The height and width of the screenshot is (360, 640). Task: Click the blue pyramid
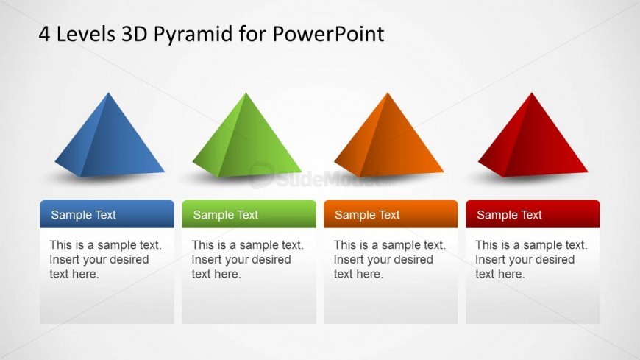pyautogui.click(x=109, y=139)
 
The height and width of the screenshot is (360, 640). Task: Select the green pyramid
pyautogui.click(x=246, y=139)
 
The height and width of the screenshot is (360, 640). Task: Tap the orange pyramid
pyautogui.click(x=388, y=139)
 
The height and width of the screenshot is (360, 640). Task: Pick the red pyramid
pyautogui.click(x=533, y=139)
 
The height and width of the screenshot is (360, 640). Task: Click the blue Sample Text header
pyautogui.click(x=107, y=214)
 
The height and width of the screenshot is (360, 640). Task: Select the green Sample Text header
pyautogui.click(x=249, y=214)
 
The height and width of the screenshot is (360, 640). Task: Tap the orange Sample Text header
pyautogui.click(x=391, y=214)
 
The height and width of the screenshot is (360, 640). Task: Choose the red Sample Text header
pyautogui.click(x=533, y=214)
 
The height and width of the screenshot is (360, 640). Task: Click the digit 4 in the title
pyautogui.click(x=44, y=34)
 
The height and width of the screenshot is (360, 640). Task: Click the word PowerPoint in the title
pyautogui.click(x=328, y=34)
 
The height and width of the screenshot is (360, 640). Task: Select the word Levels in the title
pyautogui.click(x=86, y=34)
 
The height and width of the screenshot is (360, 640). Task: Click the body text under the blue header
pyautogui.click(x=105, y=259)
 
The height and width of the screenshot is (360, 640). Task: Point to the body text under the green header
pyautogui.click(x=247, y=259)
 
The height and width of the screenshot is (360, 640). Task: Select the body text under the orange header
pyautogui.click(x=389, y=259)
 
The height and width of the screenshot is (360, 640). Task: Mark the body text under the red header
pyautogui.click(x=531, y=259)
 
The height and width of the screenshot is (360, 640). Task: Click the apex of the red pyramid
pyautogui.click(x=531, y=93)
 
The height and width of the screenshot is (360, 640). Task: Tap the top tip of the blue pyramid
pyautogui.click(x=108, y=93)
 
